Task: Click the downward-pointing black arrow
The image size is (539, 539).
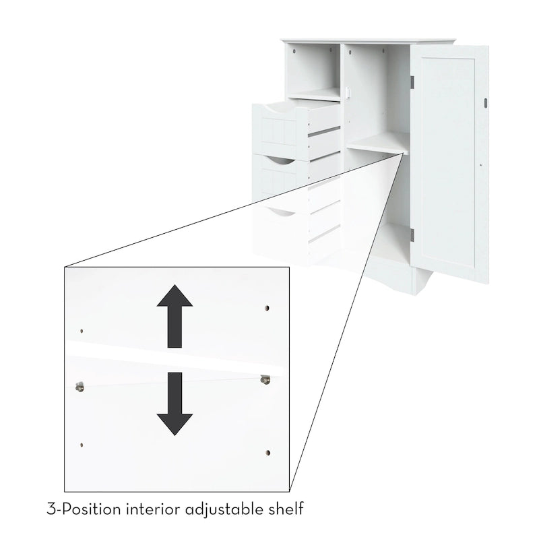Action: tap(175, 403)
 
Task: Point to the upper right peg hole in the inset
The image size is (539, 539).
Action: tap(267, 308)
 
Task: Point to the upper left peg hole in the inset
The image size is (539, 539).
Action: tap(82, 331)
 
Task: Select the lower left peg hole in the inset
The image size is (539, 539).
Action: tap(82, 444)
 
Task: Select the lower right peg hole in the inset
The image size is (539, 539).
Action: tap(267, 452)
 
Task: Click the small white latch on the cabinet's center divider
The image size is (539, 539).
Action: tap(348, 93)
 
